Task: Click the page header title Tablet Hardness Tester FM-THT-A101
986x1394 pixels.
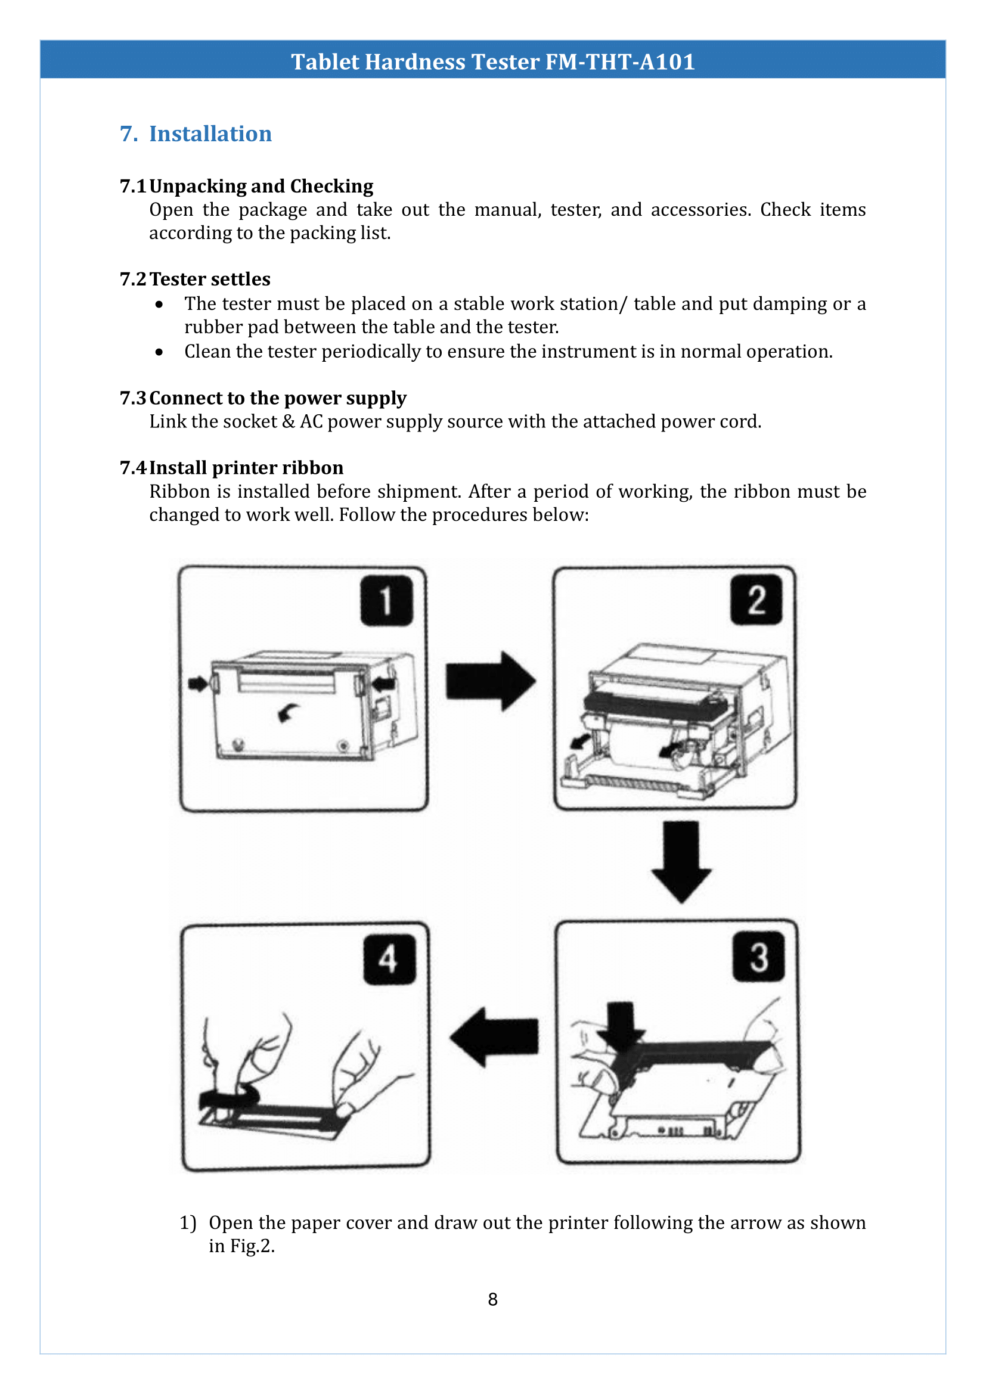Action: click(492, 62)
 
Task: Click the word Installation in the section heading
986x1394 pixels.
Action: click(210, 133)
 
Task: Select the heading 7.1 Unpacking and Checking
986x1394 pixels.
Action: click(247, 186)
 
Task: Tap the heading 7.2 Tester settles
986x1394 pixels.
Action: click(196, 279)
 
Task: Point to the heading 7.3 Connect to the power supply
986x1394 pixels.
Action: click(263, 398)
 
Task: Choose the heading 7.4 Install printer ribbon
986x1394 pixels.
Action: click(232, 467)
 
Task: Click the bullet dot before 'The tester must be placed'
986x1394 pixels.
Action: click(159, 304)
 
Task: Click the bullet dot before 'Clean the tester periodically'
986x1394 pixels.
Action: click(159, 352)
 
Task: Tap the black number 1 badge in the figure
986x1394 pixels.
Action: click(386, 601)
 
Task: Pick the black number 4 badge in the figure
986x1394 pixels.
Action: click(389, 960)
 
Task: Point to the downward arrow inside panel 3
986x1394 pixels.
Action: click(621, 1026)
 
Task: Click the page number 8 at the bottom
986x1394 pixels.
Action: click(492, 1299)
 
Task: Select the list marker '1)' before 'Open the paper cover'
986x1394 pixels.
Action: click(188, 1222)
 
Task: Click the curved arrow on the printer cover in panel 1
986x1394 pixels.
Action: click(288, 712)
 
